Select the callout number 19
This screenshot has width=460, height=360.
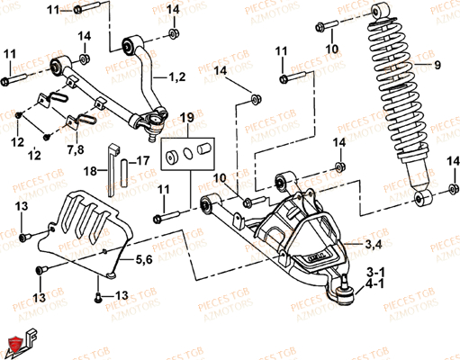(185, 118)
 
